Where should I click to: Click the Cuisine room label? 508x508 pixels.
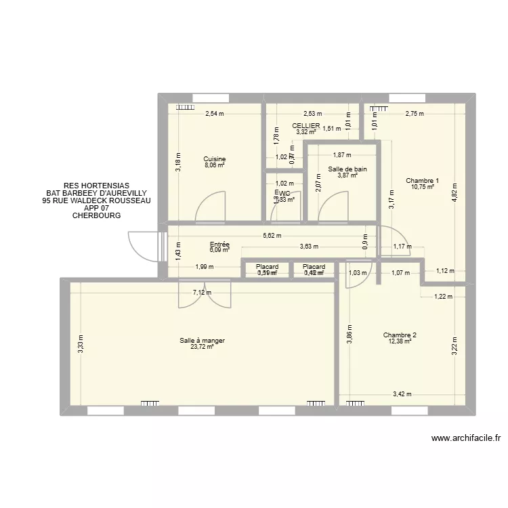coord(214,159)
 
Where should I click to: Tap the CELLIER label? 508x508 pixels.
coord(306,126)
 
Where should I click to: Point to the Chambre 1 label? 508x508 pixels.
coord(423,181)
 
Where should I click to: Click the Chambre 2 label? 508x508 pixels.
coord(400,335)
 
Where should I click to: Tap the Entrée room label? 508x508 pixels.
coord(219,244)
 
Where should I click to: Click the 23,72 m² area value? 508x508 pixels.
coord(202,347)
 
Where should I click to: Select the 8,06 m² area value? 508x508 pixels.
coord(214,166)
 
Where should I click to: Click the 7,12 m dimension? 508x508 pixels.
coord(202,293)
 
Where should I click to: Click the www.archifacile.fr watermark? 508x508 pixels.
coord(465,438)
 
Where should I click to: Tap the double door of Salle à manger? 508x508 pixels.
coord(205,295)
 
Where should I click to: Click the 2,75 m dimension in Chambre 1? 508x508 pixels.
coord(415,114)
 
